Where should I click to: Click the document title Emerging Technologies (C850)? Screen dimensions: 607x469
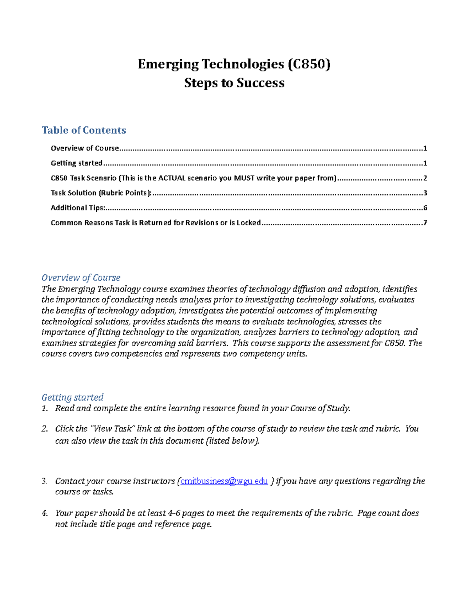(x=234, y=64)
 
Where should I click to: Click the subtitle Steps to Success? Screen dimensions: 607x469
(x=234, y=83)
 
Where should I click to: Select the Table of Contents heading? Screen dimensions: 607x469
(x=84, y=130)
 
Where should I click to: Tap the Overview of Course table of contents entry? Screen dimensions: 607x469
(x=85, y=148)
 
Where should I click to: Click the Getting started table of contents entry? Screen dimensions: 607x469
(x=77, y=163)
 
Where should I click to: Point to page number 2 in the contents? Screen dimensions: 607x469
(x=425, y=178)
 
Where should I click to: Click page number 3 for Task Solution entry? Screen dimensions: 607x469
(x=425, y=193)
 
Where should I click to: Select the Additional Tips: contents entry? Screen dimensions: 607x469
(x=78, y=208)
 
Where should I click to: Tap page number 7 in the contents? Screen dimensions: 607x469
(x=425, y=223)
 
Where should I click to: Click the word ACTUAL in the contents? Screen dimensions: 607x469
(x=172, y=178)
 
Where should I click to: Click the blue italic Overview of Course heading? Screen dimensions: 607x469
(x=81, y=278)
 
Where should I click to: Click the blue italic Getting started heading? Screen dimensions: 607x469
(x=72, y=397)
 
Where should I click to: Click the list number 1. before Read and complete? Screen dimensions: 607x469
(x=44, y=408)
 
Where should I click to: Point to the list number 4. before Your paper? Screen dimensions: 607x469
(x=44, y=513)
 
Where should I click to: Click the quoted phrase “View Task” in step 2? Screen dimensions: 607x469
(x=112, y=429)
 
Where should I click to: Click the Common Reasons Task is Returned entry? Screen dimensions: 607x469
(x=156, y=223)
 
